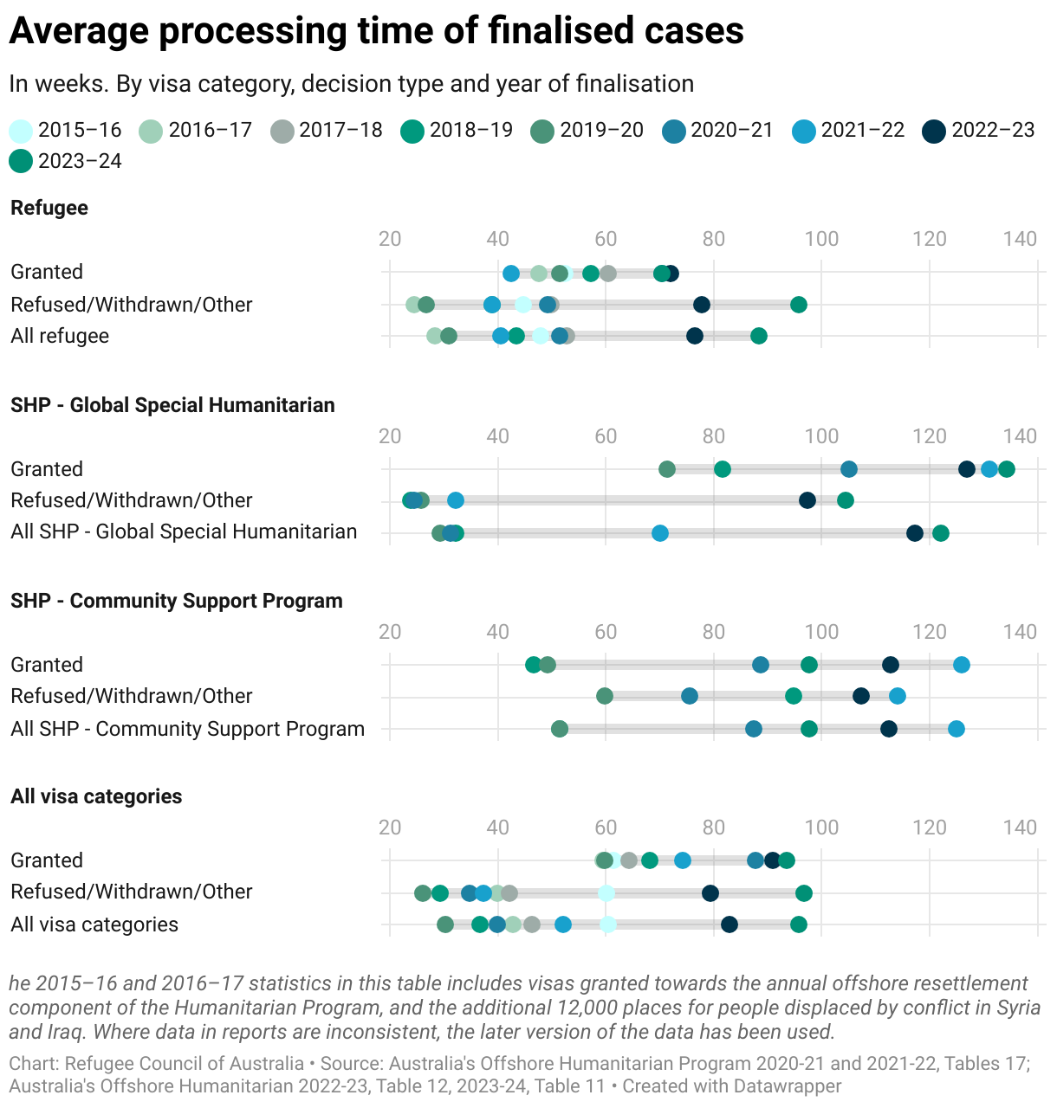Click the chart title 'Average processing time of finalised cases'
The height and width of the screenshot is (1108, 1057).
(x=376, y=31)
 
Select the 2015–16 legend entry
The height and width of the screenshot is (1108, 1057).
(x=65, y=131)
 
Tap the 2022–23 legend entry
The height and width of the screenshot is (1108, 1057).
(x=978, y=131)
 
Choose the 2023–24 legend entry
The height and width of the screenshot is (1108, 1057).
(x=65, y=162)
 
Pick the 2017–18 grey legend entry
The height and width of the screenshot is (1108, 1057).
(x=327, y=131)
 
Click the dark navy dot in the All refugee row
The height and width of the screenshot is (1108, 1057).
(x=695, y=336)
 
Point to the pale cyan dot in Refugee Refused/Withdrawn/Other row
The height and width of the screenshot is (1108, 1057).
(x=523, y=305)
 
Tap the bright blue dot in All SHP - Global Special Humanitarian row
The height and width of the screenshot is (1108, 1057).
(x=660, y=533)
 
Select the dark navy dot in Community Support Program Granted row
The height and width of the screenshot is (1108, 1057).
(x=891, y=665)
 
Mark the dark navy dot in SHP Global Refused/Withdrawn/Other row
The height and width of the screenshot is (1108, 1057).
(x=807, y=500)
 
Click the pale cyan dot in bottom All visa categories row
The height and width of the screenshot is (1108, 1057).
(x=608, y=924)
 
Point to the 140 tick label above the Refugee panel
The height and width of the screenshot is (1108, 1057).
(x=1020, y=239)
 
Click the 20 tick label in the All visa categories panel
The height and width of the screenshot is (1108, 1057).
(x=390, y=828)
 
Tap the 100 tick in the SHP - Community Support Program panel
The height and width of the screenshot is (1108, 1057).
(x=821, y=632)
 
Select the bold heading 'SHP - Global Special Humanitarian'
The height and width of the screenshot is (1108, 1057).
(x=172, y=405)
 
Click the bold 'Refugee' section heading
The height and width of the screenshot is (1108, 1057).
(x=49, y=208)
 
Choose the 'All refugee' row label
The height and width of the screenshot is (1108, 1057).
(x=60, y=336)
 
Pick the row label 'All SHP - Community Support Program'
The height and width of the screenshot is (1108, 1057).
(x=187, y=729)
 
